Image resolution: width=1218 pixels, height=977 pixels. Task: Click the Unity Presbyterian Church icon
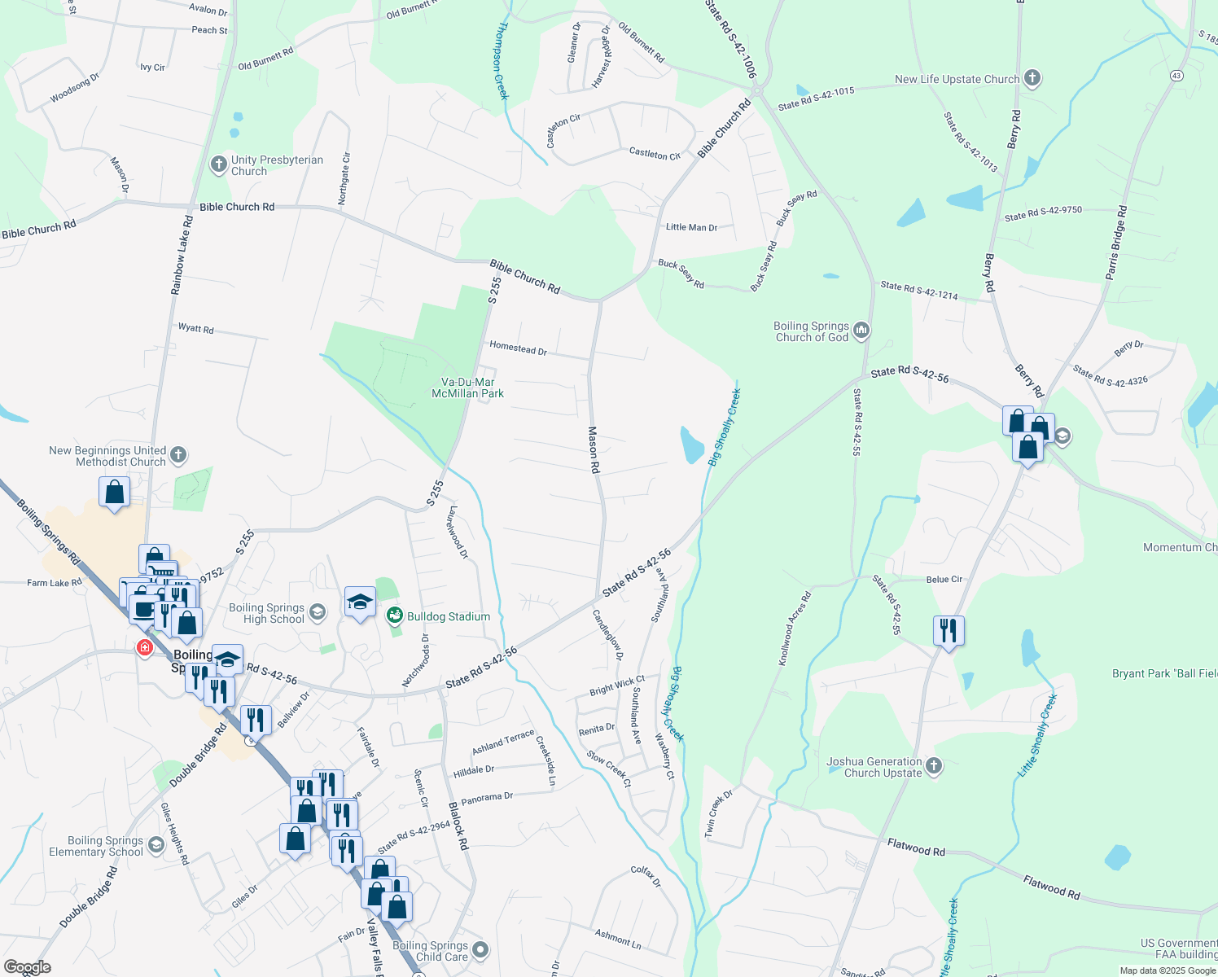tap(218, 164)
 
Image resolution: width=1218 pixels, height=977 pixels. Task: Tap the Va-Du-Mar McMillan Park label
tap(467, 388)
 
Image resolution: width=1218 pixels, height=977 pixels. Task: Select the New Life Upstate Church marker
tap(1032, 79)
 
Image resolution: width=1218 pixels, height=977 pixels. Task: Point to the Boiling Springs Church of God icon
tap(861, 331)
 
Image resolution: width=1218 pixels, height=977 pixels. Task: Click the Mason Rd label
tap(594, 449)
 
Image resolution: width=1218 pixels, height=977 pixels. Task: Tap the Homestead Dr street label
tap(518, 348)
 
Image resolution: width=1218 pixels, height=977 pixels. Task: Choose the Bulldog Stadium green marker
tap(395, 616)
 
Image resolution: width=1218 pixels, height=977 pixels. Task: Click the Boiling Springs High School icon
tap(318, 611)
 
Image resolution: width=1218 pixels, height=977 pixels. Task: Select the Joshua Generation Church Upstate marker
tap(934, 766)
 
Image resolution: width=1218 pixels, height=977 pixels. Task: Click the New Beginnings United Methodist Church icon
tap(179, 455)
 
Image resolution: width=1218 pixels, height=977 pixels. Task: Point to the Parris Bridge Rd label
tap(1116, 243)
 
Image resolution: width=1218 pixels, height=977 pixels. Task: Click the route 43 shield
tap(1176, 76)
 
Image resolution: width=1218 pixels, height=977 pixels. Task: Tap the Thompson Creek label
tap(502, 61)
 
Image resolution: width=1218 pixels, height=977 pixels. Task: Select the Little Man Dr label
tap(691, 227)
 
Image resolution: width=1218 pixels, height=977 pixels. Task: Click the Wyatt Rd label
tap(195, 328)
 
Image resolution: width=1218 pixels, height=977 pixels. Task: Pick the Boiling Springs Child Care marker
tap(480, 950)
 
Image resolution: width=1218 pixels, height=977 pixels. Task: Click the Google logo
tap(28, 967)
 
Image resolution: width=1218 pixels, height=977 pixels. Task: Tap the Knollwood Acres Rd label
tap(795, 629)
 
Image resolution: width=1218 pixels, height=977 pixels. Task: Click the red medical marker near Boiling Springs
tap(145, 648)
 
